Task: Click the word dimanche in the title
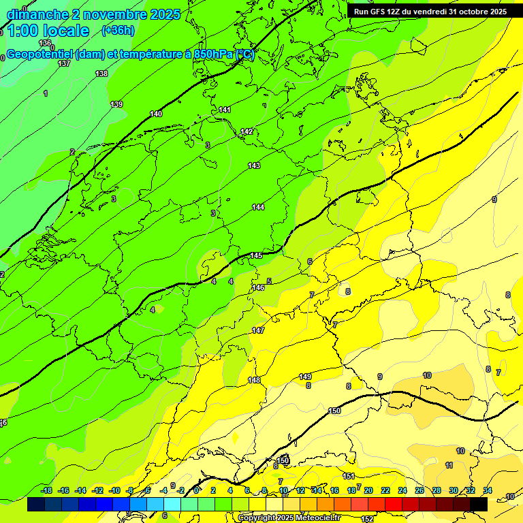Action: pos(37,14)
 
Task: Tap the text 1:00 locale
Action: pos(48,31)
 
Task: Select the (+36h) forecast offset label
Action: pos(118,31)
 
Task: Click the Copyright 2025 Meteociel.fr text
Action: pos(289,518)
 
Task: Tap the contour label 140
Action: pos(157,114)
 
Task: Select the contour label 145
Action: pos(256,255)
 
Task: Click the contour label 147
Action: pos(258,330)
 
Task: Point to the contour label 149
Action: pos(305,377)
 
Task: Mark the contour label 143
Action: pos(254,165)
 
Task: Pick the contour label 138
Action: pos(101,74)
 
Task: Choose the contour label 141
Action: pos(225,110)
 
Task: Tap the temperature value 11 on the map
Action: pos(449,465)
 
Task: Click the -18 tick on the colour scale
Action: pos(47,490)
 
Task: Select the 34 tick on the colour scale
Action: pos(488,490)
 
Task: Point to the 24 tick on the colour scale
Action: pos(402,490)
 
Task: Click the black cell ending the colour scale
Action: pos(479,505)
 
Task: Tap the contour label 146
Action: pos(258,288)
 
